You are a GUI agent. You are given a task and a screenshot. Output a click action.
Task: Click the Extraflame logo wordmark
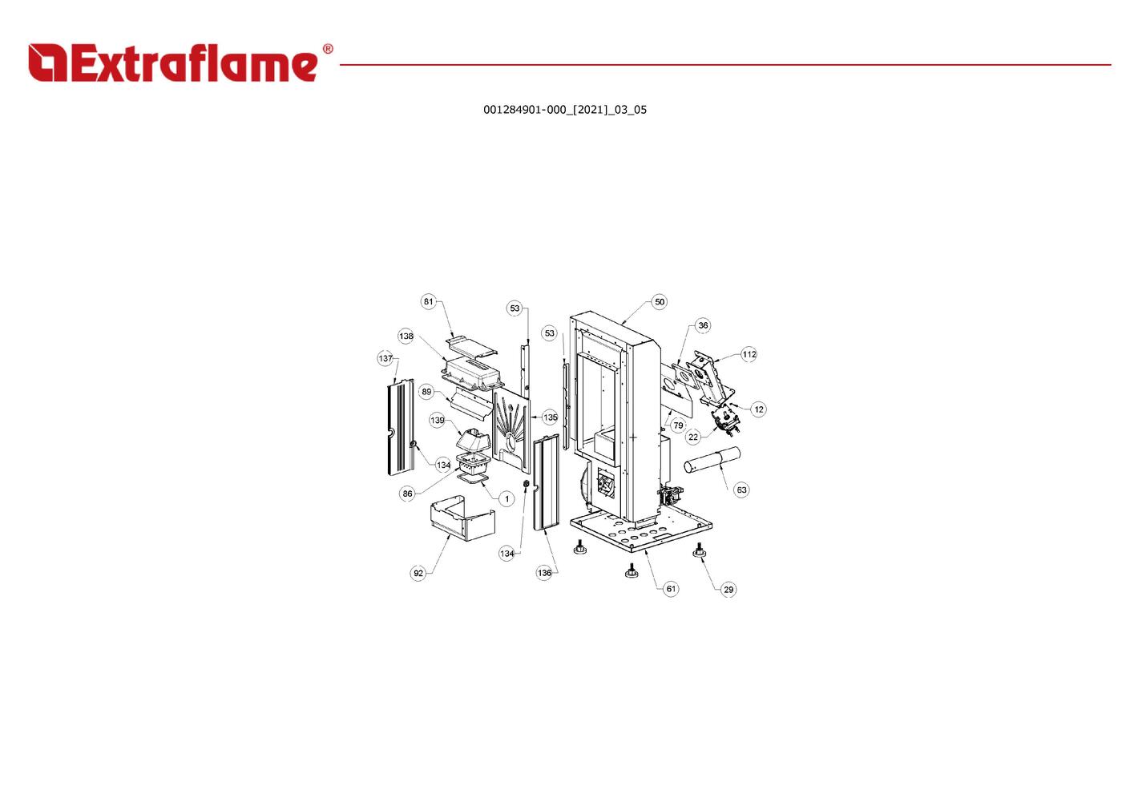click(x=172, y=62)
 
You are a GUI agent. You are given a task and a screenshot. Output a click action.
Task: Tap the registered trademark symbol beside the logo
click(x=328, y=49)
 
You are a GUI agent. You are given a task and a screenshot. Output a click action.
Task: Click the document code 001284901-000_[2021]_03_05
click(x=565, y=110)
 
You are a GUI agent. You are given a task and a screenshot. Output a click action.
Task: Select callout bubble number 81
click(x=428, y=301)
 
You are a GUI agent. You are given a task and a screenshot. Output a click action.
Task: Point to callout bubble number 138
click(x=406, y=336)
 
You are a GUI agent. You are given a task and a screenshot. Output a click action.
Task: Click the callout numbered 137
click(x=385, y=358)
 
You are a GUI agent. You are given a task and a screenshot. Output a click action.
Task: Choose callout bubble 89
click(x=427, y=392)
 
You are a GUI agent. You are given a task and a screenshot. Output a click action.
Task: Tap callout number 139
click(x=438, y=420)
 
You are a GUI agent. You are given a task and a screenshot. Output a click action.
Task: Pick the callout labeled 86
click(x=408, y=494)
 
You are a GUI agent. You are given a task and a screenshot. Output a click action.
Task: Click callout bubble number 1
click(x=507, y=499)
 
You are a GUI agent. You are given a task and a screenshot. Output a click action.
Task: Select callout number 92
click(x=418, y=573)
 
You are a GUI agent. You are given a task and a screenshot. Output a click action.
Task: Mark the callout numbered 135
click(x=551, y=417)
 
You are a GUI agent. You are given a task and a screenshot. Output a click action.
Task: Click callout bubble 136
click(x=544, y=573)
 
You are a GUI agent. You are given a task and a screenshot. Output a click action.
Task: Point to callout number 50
click(x=660, y=301)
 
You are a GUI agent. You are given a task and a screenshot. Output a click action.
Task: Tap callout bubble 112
click(x=749, y=354)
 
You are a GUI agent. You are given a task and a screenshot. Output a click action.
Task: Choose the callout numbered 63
click(x=741, y=490)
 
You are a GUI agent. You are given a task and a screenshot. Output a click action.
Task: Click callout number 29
click(x=728, y=589)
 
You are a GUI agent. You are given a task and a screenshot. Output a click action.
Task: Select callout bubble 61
click(x=671, y=589)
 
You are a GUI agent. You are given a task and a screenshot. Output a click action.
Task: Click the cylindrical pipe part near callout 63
click(x=712, y=460)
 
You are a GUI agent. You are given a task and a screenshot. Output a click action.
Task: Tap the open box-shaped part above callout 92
click(x=462, y=521)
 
